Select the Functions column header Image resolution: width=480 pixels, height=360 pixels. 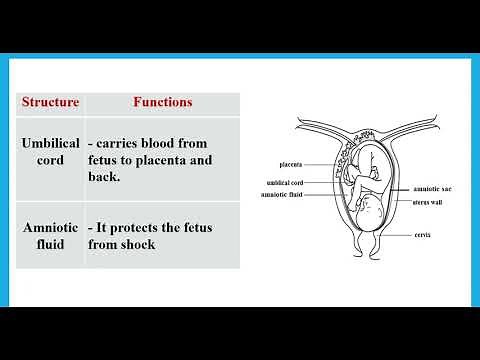162,102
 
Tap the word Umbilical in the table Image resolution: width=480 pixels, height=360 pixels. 51,144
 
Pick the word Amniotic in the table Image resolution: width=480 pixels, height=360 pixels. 51,227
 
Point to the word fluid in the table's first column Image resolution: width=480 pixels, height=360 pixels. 51,245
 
